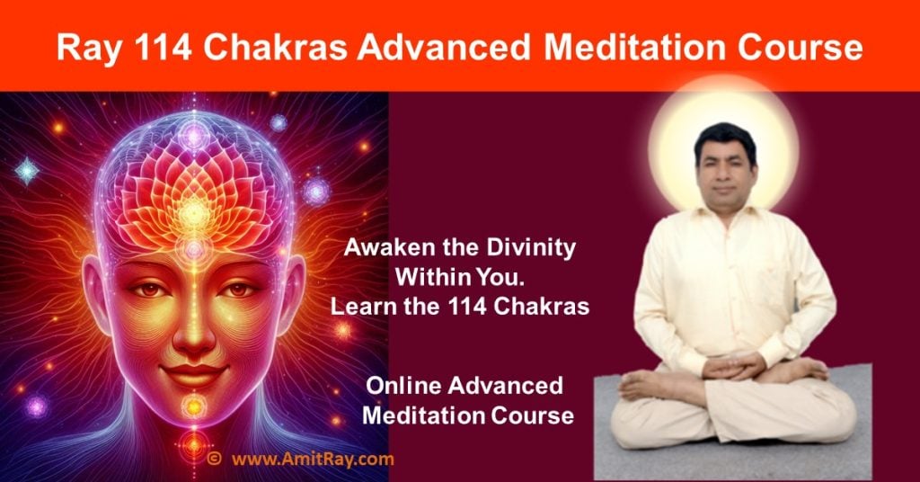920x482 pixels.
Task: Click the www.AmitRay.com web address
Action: pos(312,460)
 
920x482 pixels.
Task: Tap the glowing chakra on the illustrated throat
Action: pos(192,409)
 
